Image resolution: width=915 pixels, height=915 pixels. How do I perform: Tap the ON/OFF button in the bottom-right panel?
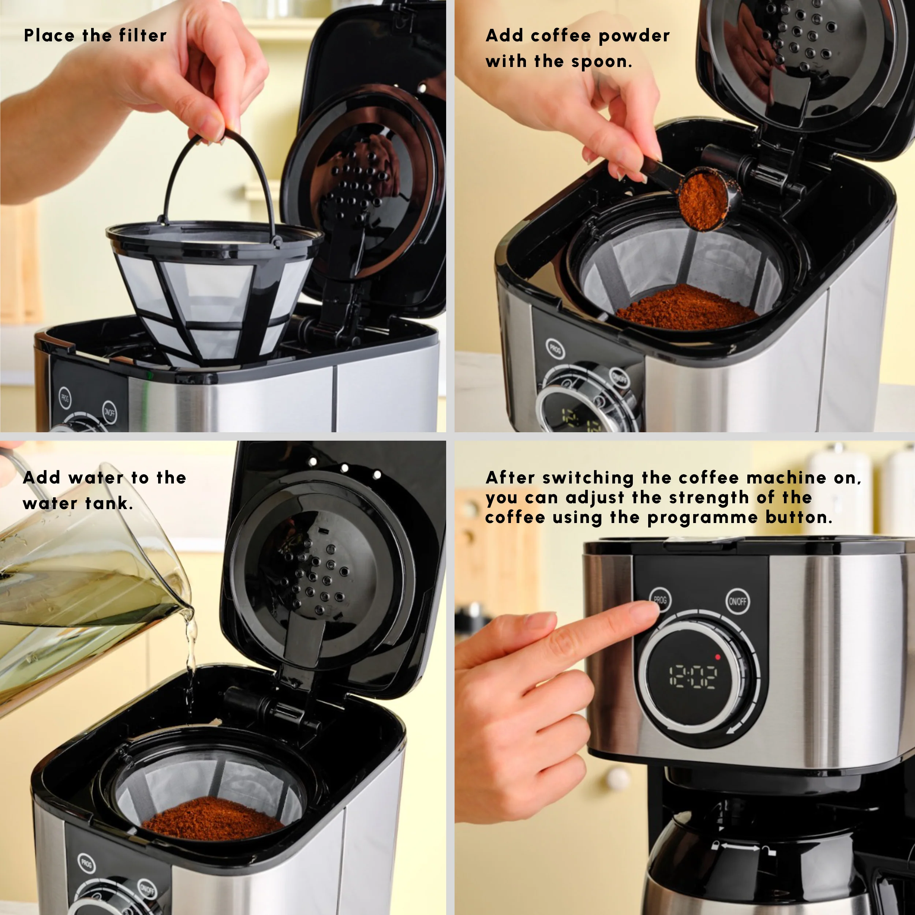point(737,601)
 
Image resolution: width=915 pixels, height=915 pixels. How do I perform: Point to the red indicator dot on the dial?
point(717,657)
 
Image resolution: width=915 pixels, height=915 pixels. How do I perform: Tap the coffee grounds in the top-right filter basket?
point(687,308)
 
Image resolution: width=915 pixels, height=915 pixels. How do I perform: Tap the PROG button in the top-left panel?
point(65,398)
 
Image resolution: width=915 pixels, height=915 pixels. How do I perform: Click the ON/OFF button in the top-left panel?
point(109,412)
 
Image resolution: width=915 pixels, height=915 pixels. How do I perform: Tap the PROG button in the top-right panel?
point(555,350)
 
